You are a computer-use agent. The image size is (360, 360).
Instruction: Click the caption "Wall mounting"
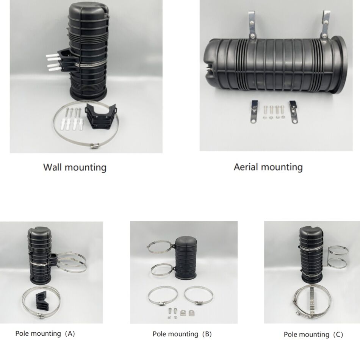[x=75, y=167]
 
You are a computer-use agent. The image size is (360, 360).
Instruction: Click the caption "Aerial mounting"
[x=268, y=167]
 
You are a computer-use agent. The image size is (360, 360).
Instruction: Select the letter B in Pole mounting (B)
[x=207, y=334]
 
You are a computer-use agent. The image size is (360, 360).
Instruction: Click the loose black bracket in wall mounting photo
[x=100, y=117]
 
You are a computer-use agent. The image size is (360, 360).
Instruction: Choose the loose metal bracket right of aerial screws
[x=294, y=112]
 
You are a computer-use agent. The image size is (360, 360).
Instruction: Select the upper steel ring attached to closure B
[x=159, y=247]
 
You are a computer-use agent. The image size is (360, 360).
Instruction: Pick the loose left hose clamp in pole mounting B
[x=159, y=296]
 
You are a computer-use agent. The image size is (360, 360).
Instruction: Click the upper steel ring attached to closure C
[x=339, y=250]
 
